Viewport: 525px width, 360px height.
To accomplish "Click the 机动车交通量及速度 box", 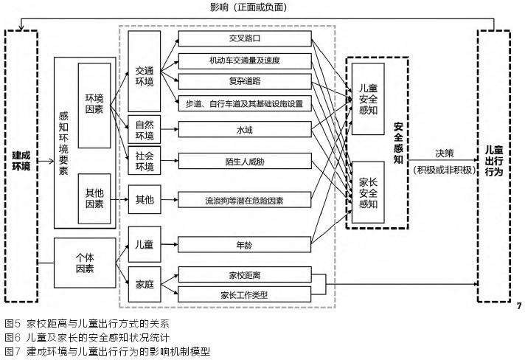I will [x=245, y=60].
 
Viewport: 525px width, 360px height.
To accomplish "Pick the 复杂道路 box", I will [x=245, y=81].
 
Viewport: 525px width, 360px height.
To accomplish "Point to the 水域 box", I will [x=245, y=130].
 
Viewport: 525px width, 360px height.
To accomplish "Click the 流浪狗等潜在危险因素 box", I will [x=245, y=201].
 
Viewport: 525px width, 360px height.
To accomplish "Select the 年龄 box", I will [x=245, y=243].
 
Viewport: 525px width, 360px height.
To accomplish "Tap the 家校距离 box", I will [x=245, y=275].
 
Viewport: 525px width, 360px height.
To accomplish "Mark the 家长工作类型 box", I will [x=245, y=295].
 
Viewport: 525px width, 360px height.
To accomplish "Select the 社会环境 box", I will [x=145, y=161].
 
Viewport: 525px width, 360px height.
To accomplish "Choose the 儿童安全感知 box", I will [x=366, y=100].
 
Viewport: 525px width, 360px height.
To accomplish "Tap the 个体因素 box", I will [x=86, y=263].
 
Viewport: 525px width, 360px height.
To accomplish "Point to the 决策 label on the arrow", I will [x=445, y=154].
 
